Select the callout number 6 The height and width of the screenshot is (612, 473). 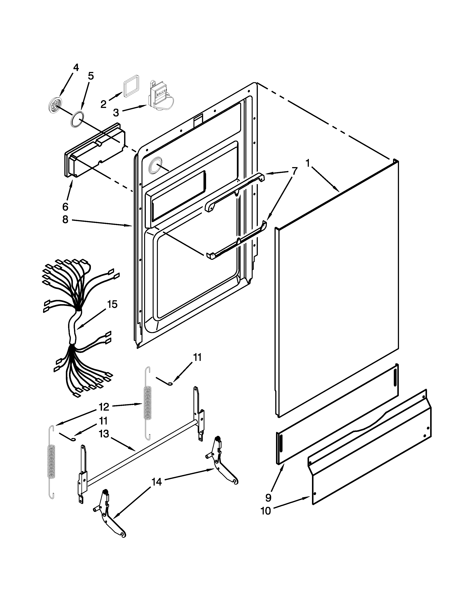point(65,207)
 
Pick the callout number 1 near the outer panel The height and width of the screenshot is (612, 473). point(308,163)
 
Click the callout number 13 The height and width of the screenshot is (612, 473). point(104,434)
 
